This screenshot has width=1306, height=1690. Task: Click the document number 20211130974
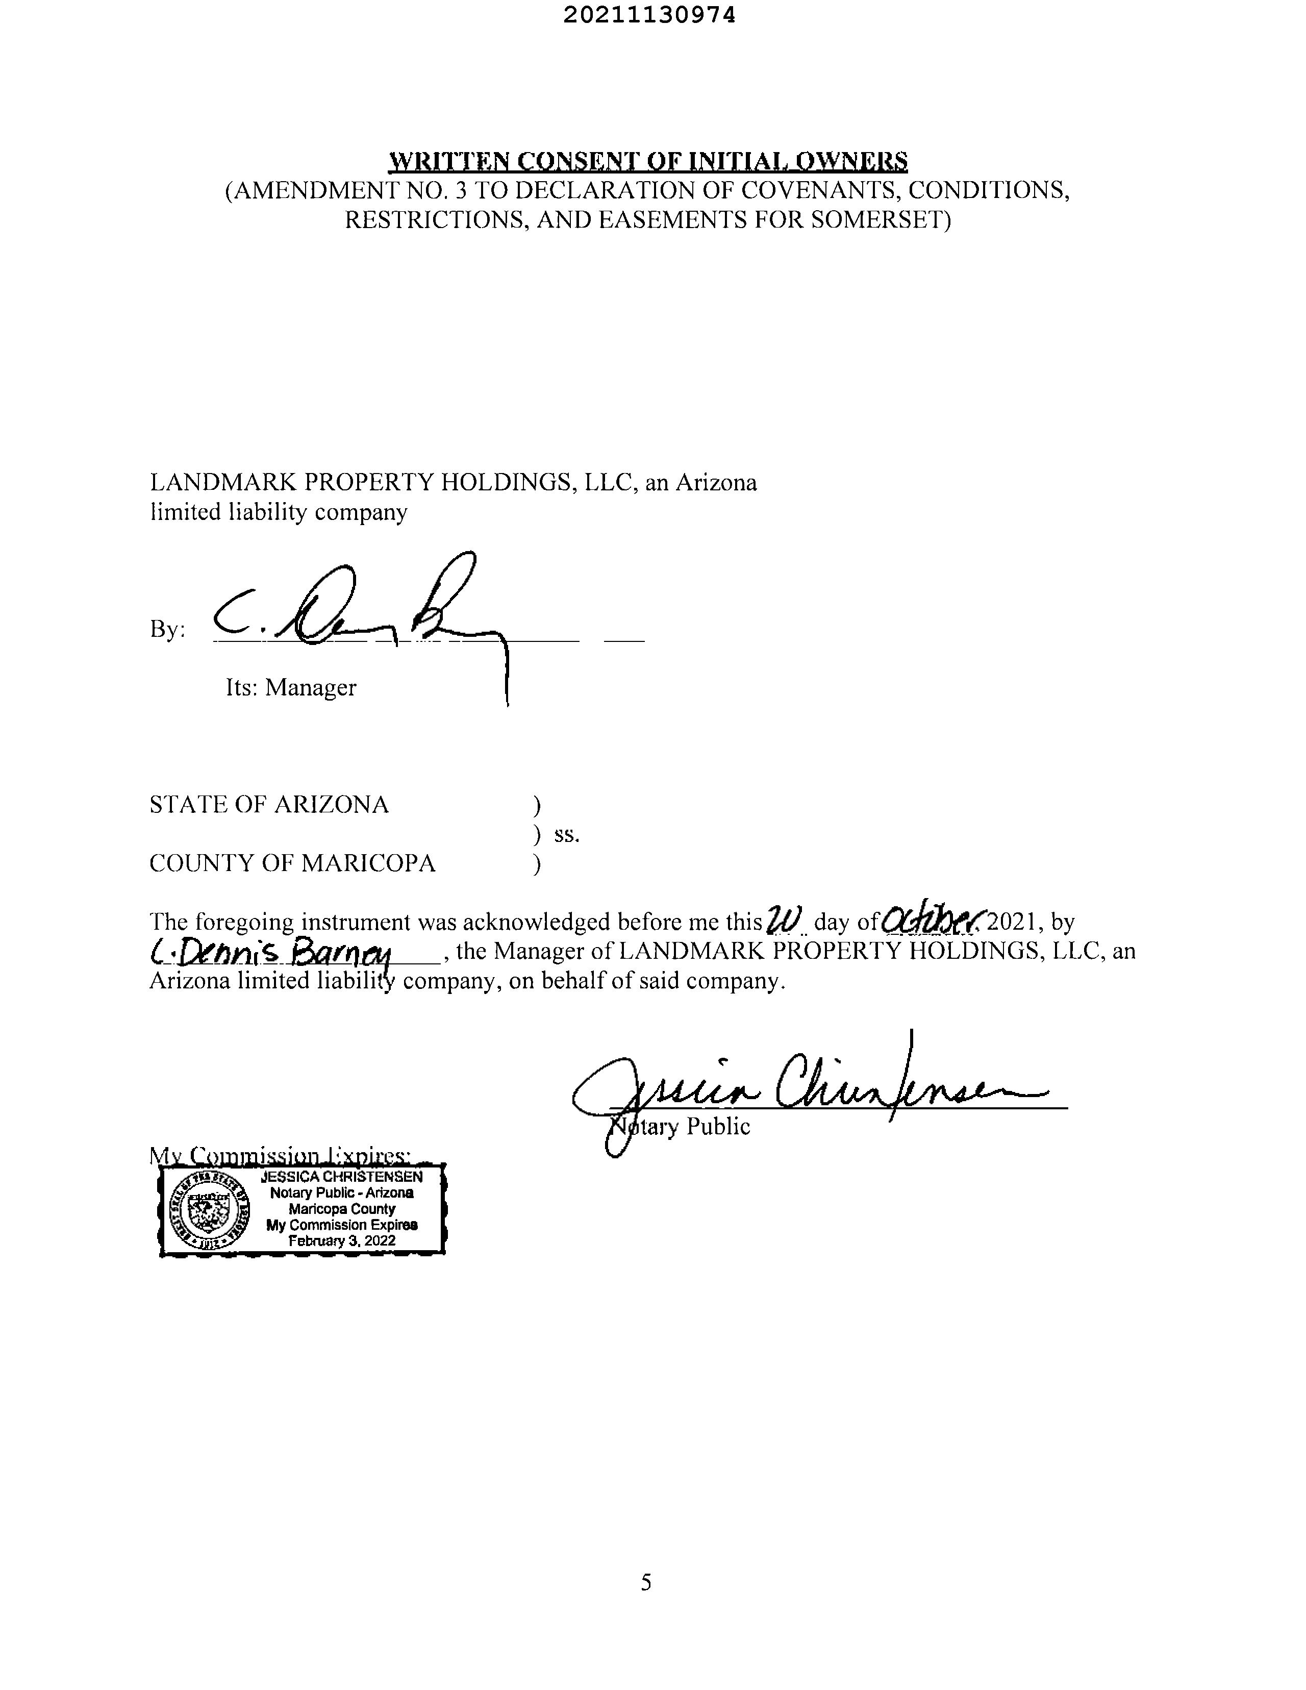click(x=648, y=15)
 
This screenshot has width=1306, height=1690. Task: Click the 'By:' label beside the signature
click(x=167, y=630)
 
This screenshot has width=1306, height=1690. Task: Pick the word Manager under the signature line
click(x=310, y=688)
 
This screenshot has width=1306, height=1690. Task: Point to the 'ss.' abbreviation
click(x=566, y=835)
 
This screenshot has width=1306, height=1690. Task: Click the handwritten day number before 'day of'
click(x=786, y=919)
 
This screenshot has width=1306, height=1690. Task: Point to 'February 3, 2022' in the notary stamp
click(x=341, y=1241)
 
